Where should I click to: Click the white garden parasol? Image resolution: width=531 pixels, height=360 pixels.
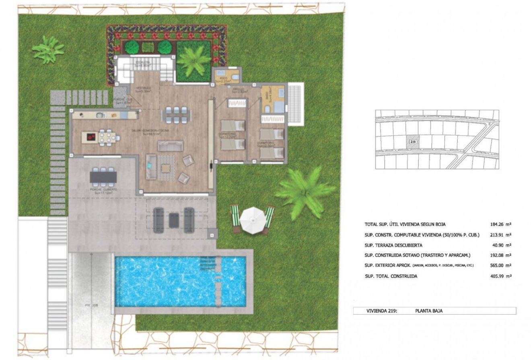[x=252, y=220]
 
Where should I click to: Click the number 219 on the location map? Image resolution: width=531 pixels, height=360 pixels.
[x=413, y=142]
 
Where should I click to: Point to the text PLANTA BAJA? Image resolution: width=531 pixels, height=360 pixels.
[x=429, y=311]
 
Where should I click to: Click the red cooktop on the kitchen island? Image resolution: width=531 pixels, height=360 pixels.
[x=90, y=137]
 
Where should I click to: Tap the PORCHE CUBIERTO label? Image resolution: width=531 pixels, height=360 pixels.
[x=104, y=189]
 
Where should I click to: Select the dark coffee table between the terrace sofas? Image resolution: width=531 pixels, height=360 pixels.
[x=174, y=220]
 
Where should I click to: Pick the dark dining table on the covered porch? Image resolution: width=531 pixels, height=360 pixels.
[x=103, y=177]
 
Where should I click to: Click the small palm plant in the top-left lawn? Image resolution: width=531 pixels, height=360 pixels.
[x=48, y=49]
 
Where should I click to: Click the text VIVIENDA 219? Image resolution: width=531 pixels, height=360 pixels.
[x=382, y=311]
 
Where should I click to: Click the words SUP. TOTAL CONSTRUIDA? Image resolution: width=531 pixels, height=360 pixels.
[x=391, y=276]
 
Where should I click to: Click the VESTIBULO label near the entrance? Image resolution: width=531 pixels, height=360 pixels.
[x=143, y=88]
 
